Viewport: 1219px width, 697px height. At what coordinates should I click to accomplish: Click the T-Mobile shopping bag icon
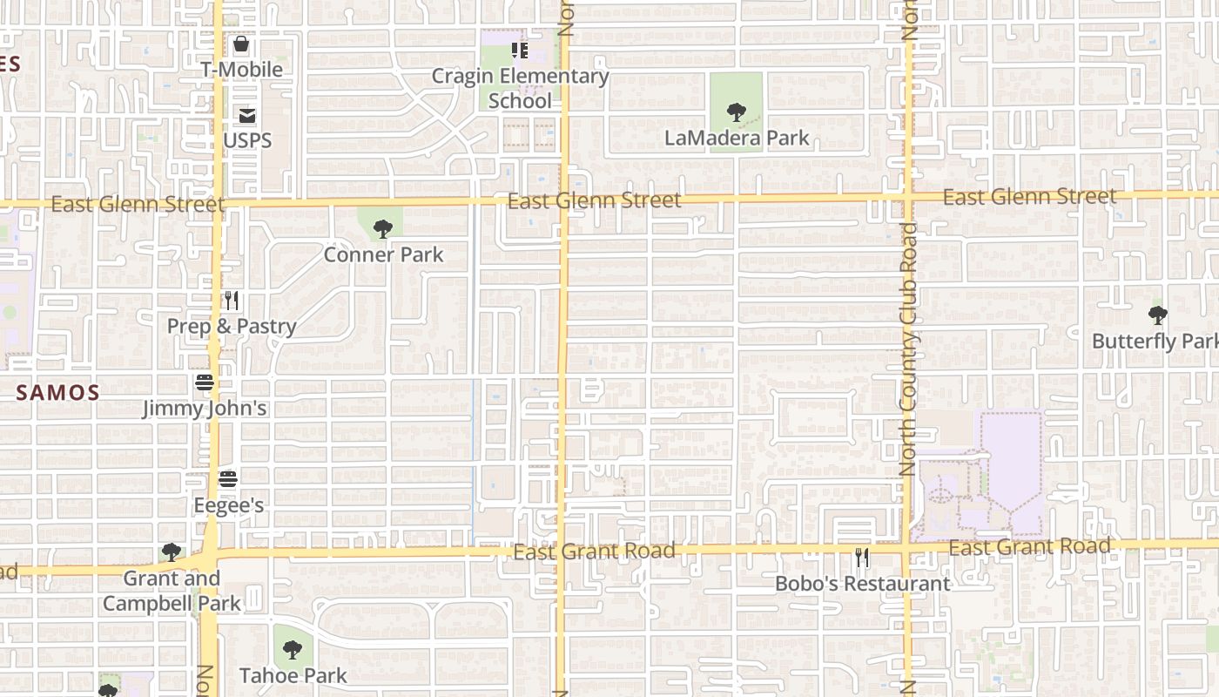(x=240, y=44)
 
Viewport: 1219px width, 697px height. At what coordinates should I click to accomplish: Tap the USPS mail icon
(x=247, y=115)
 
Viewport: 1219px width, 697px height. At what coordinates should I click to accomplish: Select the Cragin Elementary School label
(x=521, y=88)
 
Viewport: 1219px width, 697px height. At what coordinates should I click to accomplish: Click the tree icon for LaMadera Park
(x=737, y=112)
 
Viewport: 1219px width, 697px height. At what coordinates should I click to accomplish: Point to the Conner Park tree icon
(x=382, y=229)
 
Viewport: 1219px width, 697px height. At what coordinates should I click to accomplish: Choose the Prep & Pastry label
(x=232, y=327)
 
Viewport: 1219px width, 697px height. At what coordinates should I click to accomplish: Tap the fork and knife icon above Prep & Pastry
(x=231, y=301)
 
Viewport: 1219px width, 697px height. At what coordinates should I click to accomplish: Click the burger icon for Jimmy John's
(x=205, y=382)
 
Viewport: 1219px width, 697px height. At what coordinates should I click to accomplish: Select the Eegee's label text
(x=228, y=505)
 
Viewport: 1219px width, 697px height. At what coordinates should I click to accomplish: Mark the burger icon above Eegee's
(x=228, y=479)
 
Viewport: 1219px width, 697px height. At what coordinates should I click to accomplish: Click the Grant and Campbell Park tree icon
(x=172, y=552)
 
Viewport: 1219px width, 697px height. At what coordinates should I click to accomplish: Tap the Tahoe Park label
(x=293, y=675)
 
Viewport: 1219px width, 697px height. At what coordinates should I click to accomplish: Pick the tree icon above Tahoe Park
(x=293, y=649)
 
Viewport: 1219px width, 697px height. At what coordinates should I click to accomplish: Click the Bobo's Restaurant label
(x=862, y=584)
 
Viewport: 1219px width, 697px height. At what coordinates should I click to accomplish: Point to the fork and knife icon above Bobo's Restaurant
(x=862, y=558)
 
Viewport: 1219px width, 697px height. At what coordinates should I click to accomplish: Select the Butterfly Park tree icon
(x=1157, y=315)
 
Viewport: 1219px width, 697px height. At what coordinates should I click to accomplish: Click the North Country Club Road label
(x=908, y=348)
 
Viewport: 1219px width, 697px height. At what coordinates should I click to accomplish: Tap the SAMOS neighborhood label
(x=57, y=392)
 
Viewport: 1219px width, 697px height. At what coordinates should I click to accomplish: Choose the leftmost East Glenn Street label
(x=138, y=204)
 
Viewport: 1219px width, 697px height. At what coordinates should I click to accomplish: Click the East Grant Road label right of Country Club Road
(x=1029, y=547)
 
